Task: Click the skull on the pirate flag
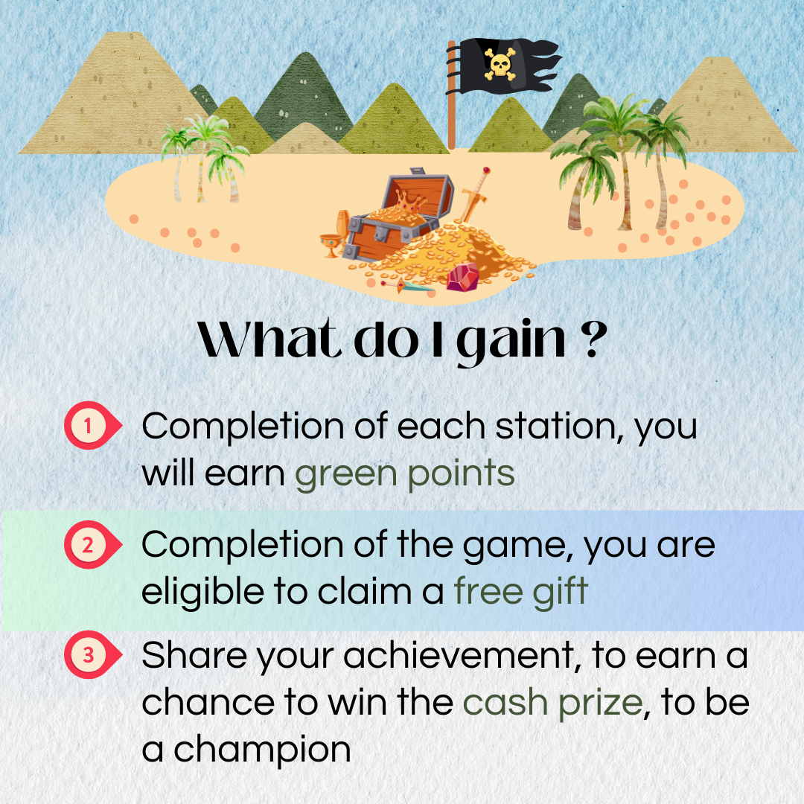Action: (x=500, y=65)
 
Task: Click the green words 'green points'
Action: (x=404, y=473)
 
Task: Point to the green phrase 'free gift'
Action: (x=520, y=592)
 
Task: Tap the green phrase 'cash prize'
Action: (x=552, y=703)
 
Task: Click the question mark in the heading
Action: (x=594, y=339)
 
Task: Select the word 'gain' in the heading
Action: (x=511, y=342)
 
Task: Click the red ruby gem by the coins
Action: (x=463, y=277)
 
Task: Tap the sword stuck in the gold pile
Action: (x=473, y=195)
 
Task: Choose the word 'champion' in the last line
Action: (x=262, y=750)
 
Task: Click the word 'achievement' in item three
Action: (x=459, y=655)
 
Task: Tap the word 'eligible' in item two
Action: (x=202, y=591)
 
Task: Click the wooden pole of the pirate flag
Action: (x=451, y=95)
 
